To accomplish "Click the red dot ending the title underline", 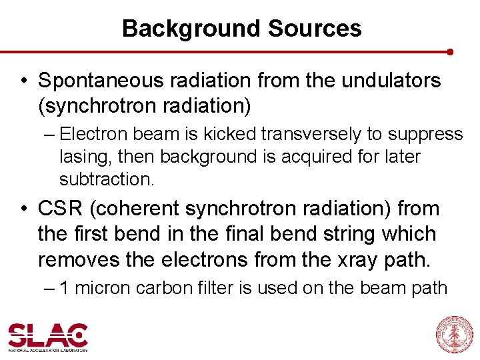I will (x=450, y=51).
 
